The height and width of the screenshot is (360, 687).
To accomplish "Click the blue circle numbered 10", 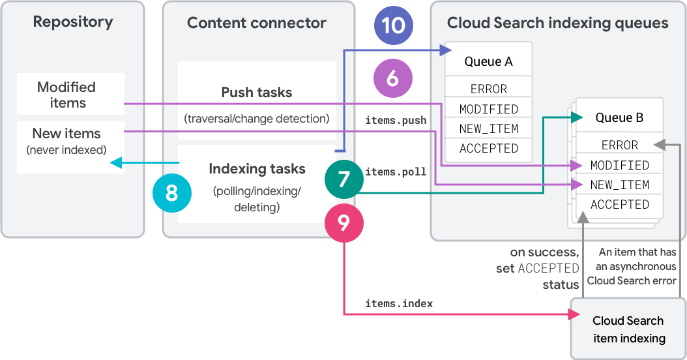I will coord(393,26).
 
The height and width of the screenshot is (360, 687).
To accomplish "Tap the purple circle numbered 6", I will coord(392,78).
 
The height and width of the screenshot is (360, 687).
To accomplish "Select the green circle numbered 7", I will coord(343,178).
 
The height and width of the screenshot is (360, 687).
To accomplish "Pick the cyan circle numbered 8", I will coord(171,192).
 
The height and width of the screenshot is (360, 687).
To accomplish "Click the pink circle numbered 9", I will coord(343,223).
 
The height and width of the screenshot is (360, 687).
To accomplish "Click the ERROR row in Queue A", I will coord(488,89).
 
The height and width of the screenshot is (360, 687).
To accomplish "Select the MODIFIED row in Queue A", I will coord(488,109).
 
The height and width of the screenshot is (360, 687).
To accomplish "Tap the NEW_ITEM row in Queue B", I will coord(619,185).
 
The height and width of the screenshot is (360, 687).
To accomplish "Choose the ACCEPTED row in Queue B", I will coord(619,204).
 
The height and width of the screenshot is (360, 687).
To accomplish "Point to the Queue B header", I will coord(619,117).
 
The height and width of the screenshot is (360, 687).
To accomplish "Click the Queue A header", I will coord(488,61).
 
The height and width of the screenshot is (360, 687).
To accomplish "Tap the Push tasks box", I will coord(257,103).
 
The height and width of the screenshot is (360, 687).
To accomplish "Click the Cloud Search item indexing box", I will coord(628,329).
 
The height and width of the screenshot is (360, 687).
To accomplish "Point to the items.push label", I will coord(396,120).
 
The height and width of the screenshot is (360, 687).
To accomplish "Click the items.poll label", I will coord(396,172).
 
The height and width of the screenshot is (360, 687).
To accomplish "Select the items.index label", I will coord(399,303).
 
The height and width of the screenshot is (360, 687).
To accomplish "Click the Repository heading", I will coord(72,22).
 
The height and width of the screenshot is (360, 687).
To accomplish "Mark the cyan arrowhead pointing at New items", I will coord(115,162).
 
